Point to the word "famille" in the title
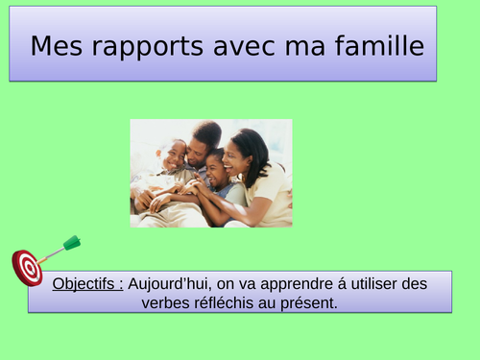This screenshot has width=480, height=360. pos(378,45)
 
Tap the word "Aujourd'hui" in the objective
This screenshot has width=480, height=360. pos(170,284)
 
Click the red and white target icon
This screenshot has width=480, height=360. pos(27,267)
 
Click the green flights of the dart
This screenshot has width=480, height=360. pos(72,243)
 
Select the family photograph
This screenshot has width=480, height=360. pos(210,173)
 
